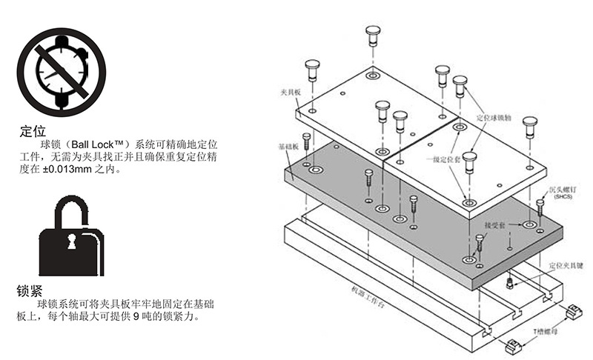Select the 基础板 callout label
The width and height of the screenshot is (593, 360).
coord(286,147)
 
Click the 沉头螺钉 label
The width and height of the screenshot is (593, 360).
coord(563,190)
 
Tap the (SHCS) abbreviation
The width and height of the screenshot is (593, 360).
coord(563,199)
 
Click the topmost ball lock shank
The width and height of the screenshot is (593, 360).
coord(373,35)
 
